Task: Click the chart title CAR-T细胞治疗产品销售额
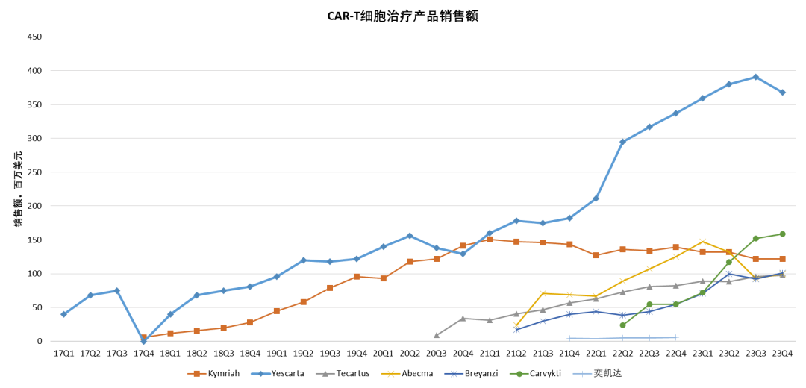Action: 403,16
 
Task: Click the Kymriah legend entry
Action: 213,374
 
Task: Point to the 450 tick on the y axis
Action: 35,37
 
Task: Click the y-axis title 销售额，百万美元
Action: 18,189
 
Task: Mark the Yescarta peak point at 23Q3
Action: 755,77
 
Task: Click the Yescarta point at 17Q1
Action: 63,314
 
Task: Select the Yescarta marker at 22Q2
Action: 622,142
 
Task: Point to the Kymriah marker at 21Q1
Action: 490,240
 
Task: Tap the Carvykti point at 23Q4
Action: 782,234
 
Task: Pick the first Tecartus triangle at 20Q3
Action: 437,335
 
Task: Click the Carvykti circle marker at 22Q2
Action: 622,325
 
